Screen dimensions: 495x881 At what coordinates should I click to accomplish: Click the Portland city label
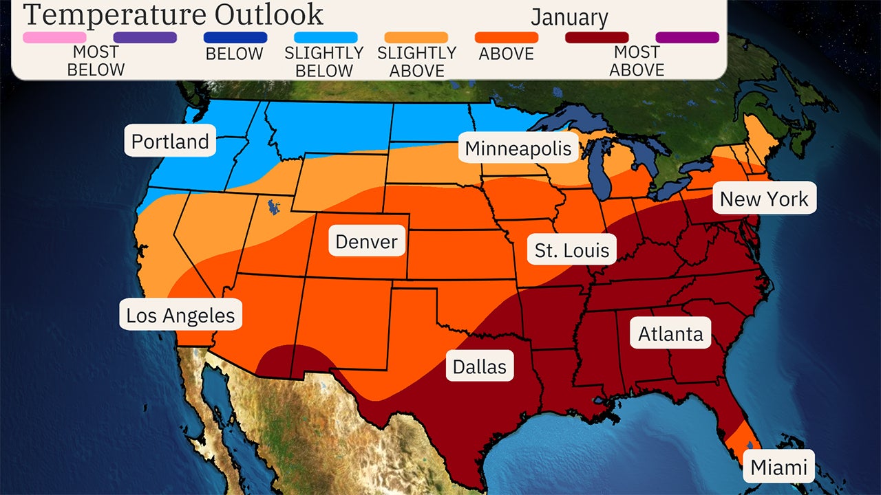[170, 142]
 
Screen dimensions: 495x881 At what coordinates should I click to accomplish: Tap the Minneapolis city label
[518, 148]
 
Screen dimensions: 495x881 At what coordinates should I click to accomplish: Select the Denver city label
[366, 242]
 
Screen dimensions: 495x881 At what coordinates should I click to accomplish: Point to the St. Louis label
[572, 251]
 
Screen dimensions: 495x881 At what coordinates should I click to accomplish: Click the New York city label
[764, 199]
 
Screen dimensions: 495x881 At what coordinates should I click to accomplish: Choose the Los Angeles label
[180, 316]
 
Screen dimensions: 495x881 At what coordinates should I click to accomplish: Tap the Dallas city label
[480, 367]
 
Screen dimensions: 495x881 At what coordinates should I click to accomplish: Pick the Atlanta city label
[670, 334]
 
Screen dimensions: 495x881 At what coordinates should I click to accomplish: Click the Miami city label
[778, 467]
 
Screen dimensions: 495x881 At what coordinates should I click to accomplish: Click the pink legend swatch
[54, 38]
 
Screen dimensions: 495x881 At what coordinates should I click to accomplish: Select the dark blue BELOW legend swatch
[235, 38]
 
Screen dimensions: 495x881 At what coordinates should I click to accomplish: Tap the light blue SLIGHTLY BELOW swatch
[326, 38]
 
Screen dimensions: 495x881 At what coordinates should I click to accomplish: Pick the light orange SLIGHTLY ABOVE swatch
[416, 38]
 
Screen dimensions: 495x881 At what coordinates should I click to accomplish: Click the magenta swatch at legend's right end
[687, 38]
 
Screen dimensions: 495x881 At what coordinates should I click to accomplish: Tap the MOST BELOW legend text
[96, 61]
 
